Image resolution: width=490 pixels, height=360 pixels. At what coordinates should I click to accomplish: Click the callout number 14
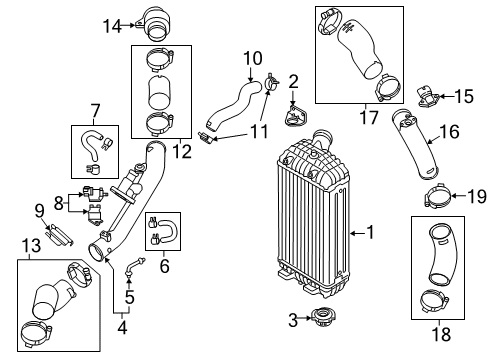pos(112,26)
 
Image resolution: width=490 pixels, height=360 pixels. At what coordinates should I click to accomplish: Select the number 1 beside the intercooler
pos(370,232)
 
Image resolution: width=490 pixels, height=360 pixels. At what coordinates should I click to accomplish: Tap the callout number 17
pos(369,117)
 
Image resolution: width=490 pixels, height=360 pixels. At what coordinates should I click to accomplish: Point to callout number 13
pos(31,246)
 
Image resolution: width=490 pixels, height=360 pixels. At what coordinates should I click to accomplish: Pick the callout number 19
pos(478,196)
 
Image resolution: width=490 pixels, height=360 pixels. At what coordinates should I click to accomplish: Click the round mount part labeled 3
pos(323,317)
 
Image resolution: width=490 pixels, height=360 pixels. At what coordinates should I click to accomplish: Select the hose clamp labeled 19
pos(437,196)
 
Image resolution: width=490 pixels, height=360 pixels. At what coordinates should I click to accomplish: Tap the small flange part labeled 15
pos(428,97)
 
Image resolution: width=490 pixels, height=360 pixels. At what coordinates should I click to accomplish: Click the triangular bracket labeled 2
pos(295,116)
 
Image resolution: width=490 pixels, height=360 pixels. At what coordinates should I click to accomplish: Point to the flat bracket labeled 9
pos(59,235)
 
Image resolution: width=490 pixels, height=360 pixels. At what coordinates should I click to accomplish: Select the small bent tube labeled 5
pos(134,266)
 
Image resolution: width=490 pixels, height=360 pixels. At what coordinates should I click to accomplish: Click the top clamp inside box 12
pos(161,59)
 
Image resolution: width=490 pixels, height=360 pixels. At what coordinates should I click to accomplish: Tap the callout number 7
pos(95,111)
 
